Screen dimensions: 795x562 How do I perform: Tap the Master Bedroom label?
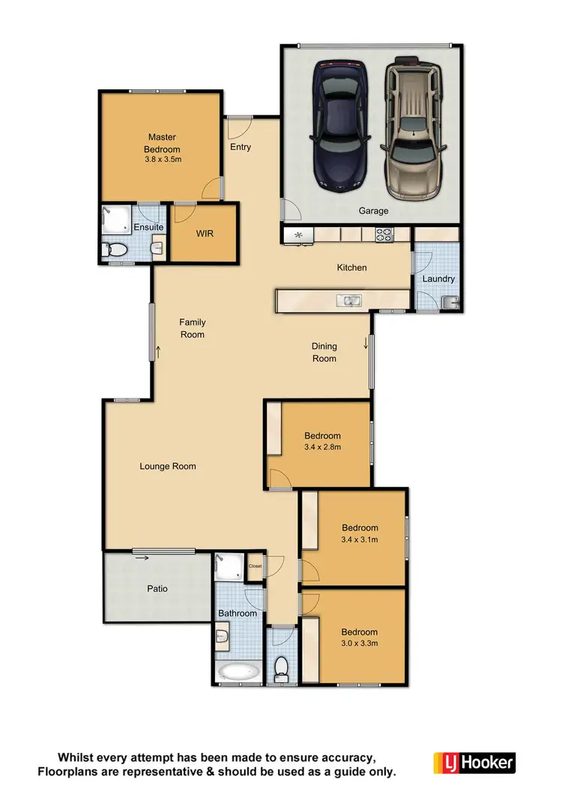[x=162, y=143]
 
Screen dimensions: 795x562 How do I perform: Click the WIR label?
[x=205, y=234]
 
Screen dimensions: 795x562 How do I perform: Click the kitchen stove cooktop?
[x=384, y=235]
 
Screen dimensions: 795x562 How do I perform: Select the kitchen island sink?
[x=349, y=301]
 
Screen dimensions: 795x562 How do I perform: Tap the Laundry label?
[x=438, y=279]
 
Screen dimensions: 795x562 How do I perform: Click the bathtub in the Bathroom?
[x=238, y=671]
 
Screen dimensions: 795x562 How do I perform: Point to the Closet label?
[x=255, y=566]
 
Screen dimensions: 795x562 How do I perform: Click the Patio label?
[x=157, y=589]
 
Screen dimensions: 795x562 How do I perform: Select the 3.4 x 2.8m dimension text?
[x=322, y=447]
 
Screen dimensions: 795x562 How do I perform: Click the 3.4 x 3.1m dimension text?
[x=360, y=539]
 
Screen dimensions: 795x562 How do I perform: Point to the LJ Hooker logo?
[x=474, y=763]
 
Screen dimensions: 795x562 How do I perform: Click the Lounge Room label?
[x=168, y=466]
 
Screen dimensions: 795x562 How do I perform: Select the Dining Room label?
[x=324, y=352]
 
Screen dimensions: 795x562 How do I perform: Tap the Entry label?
[x=241, y=147]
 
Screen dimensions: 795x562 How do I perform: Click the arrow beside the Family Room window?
[x=158, y=352]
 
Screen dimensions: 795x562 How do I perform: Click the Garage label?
[x=372, y=211]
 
